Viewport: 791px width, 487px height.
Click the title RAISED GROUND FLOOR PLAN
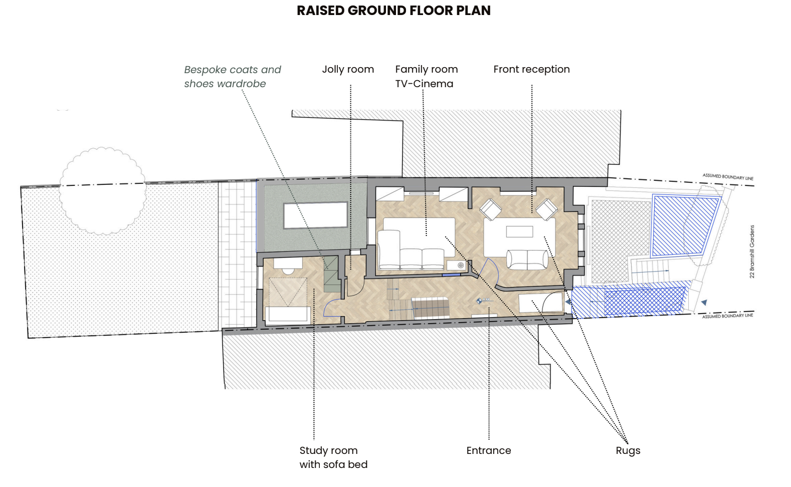[393, 11]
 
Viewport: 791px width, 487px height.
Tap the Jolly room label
[348, 69]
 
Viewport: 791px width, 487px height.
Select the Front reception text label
[531, 69]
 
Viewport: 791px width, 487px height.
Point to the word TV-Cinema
[424, 84]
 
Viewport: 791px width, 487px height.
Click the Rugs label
[628, 450]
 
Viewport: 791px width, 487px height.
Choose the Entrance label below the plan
[489, 450]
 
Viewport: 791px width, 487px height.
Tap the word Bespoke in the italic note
[205, 70]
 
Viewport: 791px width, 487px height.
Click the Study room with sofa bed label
[333, 457]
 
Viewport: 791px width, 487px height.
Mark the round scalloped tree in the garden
[102, 191]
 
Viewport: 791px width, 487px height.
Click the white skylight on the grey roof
[315, 215]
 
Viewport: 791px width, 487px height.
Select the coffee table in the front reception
[519, 231]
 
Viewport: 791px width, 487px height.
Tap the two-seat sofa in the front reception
[527, 260]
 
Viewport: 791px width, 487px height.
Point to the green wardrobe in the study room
[331, 274]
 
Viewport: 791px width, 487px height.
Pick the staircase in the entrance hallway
[431, 308]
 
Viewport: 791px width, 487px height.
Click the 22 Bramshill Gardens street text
[752, 252]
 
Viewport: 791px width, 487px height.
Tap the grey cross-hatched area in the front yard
[621, 241]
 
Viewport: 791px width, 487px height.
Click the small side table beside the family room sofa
[456, 266]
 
